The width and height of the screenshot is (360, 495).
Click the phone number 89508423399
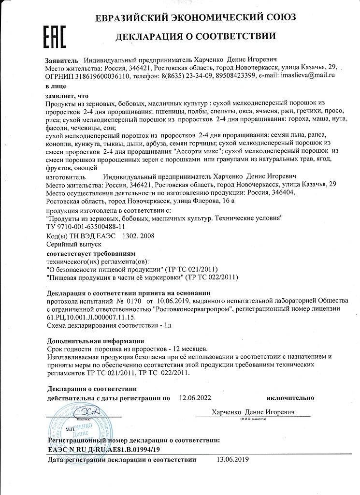coord(216,76)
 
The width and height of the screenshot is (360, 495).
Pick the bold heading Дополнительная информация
coord(96,340)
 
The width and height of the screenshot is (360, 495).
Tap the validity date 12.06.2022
coord(196,398)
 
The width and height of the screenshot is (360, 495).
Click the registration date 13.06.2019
coord(231,460)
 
